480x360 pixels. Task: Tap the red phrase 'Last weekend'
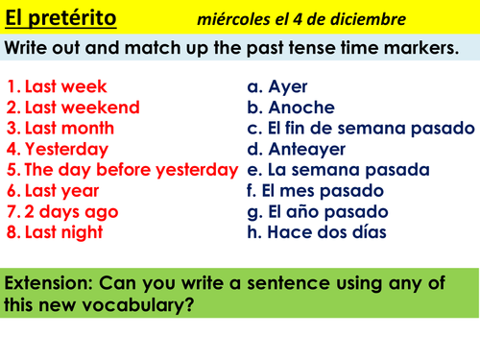[82, 108]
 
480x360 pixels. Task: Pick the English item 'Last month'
[69, 128]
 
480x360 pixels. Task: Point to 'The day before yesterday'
[130, 170]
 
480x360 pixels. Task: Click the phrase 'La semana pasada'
[348, 170]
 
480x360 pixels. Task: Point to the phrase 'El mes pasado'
[326, 190]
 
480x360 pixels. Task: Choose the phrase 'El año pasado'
[327, 211]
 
